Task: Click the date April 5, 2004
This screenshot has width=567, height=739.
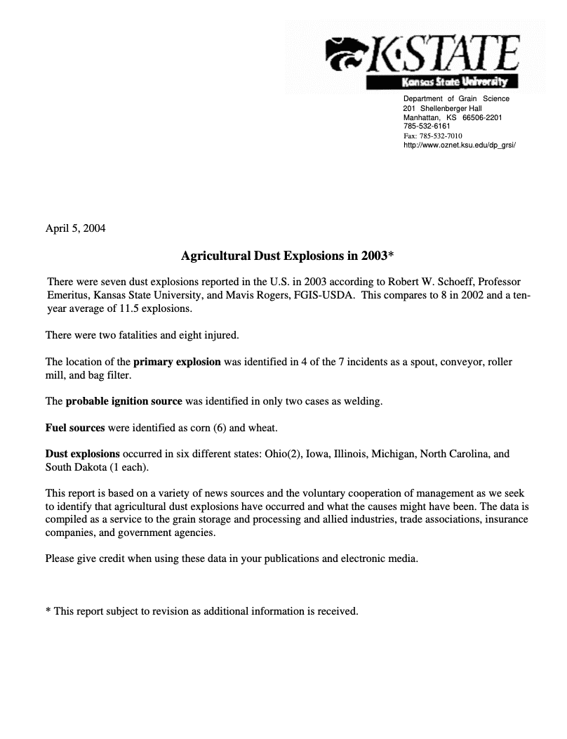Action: pyautogui.click(x=75, y=228)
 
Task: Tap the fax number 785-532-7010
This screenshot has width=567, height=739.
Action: pyautogui.click(x=441, y=136)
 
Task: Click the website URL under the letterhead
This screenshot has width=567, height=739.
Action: pyautogui.click(x=459, y=145)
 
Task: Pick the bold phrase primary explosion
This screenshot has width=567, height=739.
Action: pyautogui.click(x=177, y=362)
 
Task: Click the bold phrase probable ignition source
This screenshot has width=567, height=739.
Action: pyautogui.click(x=124, y=402)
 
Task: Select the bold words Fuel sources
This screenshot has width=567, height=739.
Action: pyautogui.click(x=75, y=428)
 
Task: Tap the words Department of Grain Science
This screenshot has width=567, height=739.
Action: pyautogui.click(x=456, y=99)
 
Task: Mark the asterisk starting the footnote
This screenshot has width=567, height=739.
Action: pyautogui.click(x=48, y=611)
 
